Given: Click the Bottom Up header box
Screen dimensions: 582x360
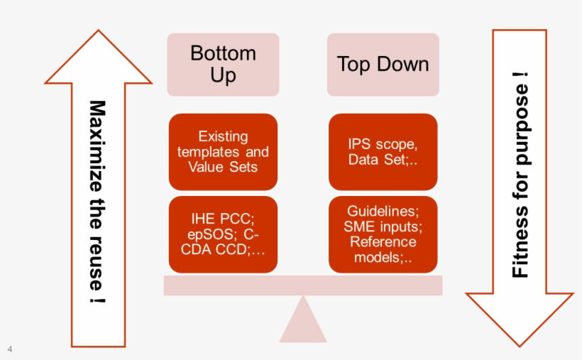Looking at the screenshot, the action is point(223,65).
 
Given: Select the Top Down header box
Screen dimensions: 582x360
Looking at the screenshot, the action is point(383,65).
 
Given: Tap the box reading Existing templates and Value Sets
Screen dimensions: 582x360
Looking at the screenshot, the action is point(223,152).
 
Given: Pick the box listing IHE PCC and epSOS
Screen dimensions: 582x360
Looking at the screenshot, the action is point(223,234).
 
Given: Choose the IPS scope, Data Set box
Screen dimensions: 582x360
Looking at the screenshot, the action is point(383,152).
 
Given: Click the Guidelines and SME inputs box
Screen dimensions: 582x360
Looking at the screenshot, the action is point(383,234).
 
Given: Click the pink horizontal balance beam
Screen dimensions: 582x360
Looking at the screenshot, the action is point(303,285).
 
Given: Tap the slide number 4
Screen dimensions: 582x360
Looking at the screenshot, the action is point(10,349).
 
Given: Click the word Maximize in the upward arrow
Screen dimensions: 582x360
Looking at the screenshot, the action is point(98,146).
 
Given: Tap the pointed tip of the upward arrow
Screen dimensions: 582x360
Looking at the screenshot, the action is point(99,31).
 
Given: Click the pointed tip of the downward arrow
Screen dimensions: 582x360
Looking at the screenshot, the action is point(520,347).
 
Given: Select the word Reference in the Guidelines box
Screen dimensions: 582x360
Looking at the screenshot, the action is point(383,242).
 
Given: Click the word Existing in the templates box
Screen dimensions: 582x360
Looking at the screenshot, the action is point(223,136).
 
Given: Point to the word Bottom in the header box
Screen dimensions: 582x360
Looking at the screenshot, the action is point(223,53).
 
